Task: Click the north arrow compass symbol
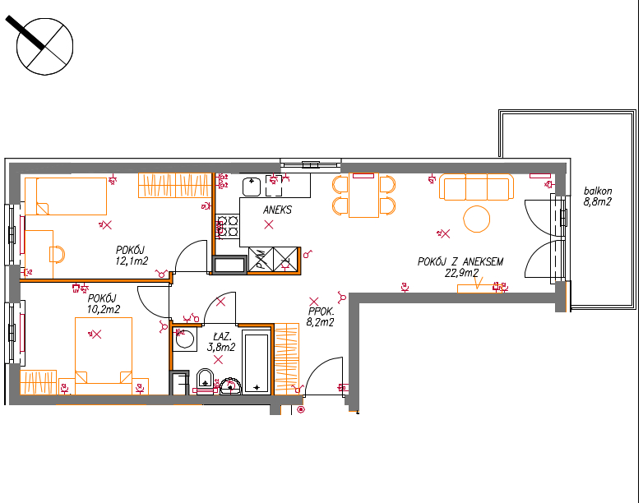[44, 46]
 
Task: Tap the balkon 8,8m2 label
[598, 196]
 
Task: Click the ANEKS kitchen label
[278, 210]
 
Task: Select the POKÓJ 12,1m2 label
[132, 256]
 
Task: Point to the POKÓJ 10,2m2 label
[104, 304]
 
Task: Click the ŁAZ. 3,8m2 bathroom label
[221, 342]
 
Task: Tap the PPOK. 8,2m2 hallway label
[321, 317]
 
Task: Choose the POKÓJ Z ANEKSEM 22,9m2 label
[460, 267]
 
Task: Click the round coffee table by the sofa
[477, 219]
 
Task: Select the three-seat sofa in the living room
[477, 187]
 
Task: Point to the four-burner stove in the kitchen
[227, 226]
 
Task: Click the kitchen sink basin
[252, 187]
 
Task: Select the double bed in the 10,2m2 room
[104, 356]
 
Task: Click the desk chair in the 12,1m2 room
[58, 254]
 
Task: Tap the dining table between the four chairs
[363, 196]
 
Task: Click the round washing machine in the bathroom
[185, 339]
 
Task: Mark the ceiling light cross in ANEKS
[269, 224]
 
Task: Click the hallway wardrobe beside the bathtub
[287, 358]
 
